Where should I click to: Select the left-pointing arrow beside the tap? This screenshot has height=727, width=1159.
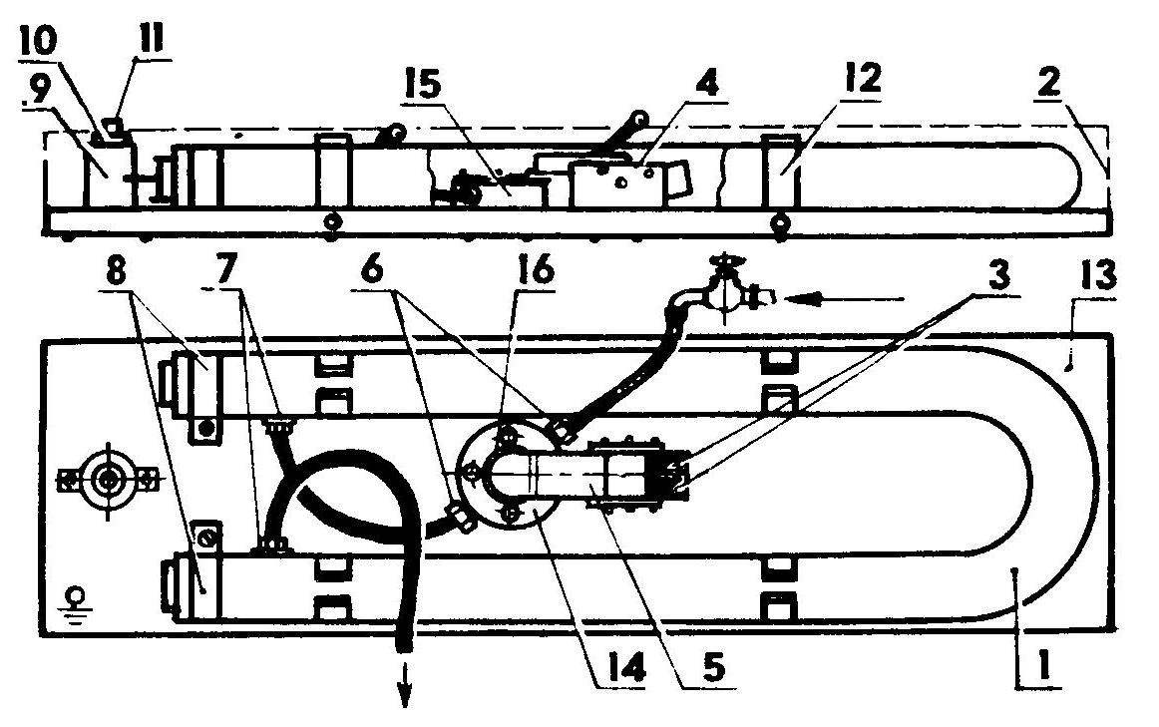pyautogui.click(x=844, y=299)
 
